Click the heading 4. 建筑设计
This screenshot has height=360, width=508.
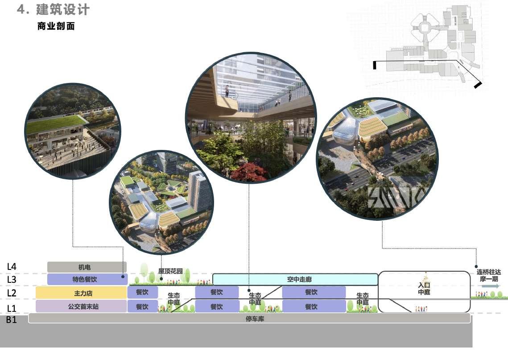pyautogui.click(x=53, y=10)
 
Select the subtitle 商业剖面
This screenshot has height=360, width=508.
pyautogui.click(x=56, y=26)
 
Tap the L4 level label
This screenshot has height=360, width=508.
pyautogui.click(x=12, y=267)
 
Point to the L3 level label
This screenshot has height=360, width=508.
pyautogui.click(x=12, y=280)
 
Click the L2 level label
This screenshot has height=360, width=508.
pyautogui.click(x=12, y=293)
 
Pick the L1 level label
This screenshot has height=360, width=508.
pyautogui.click(x=12, y=308)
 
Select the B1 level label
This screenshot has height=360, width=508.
pyautogui.click(x=12, y=319)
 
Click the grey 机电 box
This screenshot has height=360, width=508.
pyautogui.click(x=87, y=267)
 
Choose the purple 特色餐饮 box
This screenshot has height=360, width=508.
pyautogui.click(x=87, y=280)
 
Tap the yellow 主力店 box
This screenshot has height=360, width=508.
pyautogui.click(x=81, y=293)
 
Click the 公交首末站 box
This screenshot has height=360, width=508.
pyautogui.click(x=81, y=306)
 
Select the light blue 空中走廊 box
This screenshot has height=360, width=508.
pyautogui.click(x=295, y=280)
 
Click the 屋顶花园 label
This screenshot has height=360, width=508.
pyautogui.click(x=170, y=271)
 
